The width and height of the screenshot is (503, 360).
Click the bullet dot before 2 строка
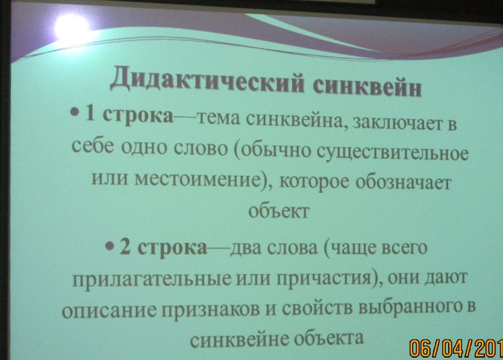(x=110, y=246)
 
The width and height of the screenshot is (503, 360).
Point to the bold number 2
(x=125, y=246)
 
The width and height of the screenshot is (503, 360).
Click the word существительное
(x=393, y=153)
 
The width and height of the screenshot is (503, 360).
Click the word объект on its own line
(x=279, y=211)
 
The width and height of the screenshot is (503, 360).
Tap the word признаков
(x=211, y=309)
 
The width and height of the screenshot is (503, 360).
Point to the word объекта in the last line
(x=329, y=338)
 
